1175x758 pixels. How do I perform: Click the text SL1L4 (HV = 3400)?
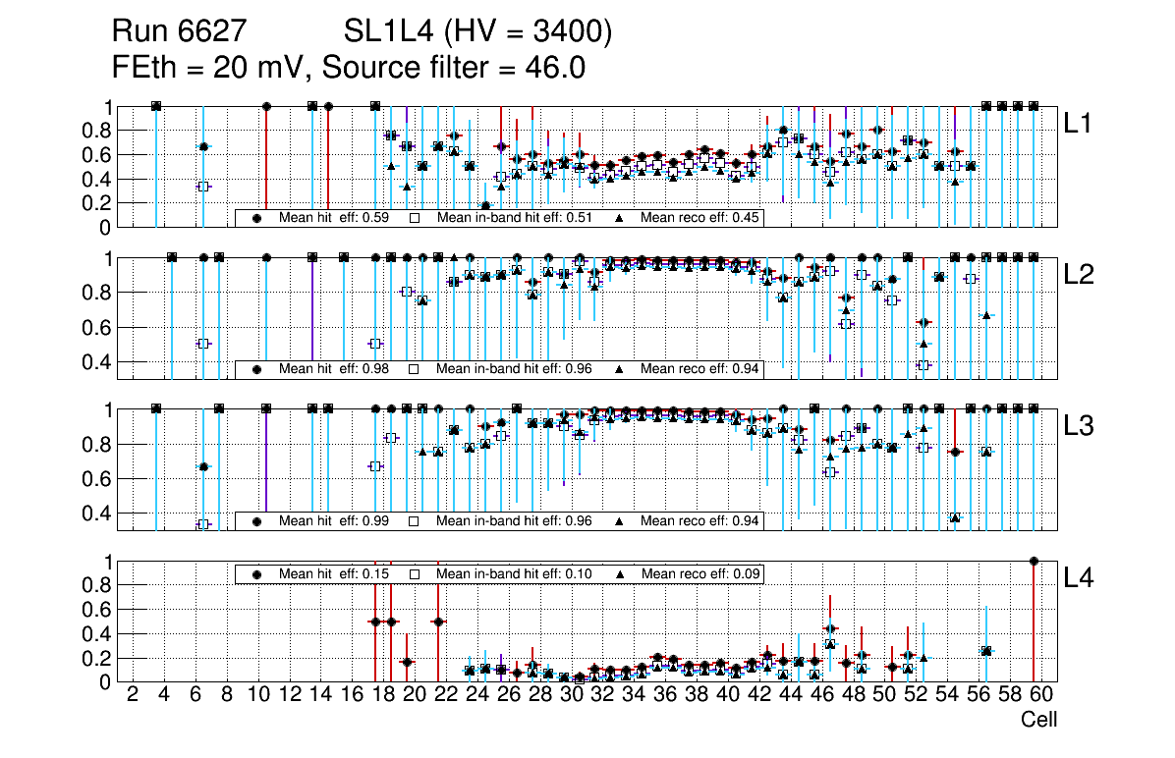(x=477, y=33)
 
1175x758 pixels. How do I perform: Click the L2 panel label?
(x=1079, y=275)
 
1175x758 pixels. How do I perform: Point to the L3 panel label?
(x=1079, y=426)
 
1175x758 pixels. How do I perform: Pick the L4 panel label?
(x=1079, y=578)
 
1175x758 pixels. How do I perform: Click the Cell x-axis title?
(x=1038, y=720)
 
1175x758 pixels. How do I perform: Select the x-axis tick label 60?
(x=1041, y=696)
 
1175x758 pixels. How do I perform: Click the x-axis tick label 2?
(x=133, y=696)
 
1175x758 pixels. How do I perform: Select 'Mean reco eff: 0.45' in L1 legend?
(x=699, y=217)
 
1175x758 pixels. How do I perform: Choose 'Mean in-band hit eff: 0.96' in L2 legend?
(x=514, y=369)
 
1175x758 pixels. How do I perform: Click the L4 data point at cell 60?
(x=1034, y=561)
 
